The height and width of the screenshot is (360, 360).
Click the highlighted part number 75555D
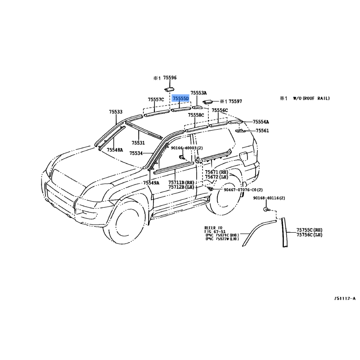[181, 98]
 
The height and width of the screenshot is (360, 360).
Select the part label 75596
[170, 78]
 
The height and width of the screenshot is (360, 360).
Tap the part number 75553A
[198, 92]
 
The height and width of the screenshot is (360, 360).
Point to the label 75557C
[156, 99]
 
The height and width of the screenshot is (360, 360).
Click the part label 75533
[116, 112]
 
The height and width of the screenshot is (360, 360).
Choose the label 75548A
[115, 150]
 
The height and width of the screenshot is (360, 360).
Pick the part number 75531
[138, 143]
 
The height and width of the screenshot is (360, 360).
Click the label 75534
[136, 153]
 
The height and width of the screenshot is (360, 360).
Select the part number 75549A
[151, 183]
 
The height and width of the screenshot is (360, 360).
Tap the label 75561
[262, 130]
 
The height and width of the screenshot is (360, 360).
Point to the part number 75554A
[261, 122]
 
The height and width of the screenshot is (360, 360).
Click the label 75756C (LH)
[309, 235]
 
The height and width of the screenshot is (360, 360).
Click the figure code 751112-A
[345, 299]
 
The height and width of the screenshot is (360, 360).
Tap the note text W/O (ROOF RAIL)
[310, 98]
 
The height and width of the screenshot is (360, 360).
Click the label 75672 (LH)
[217, 177]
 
